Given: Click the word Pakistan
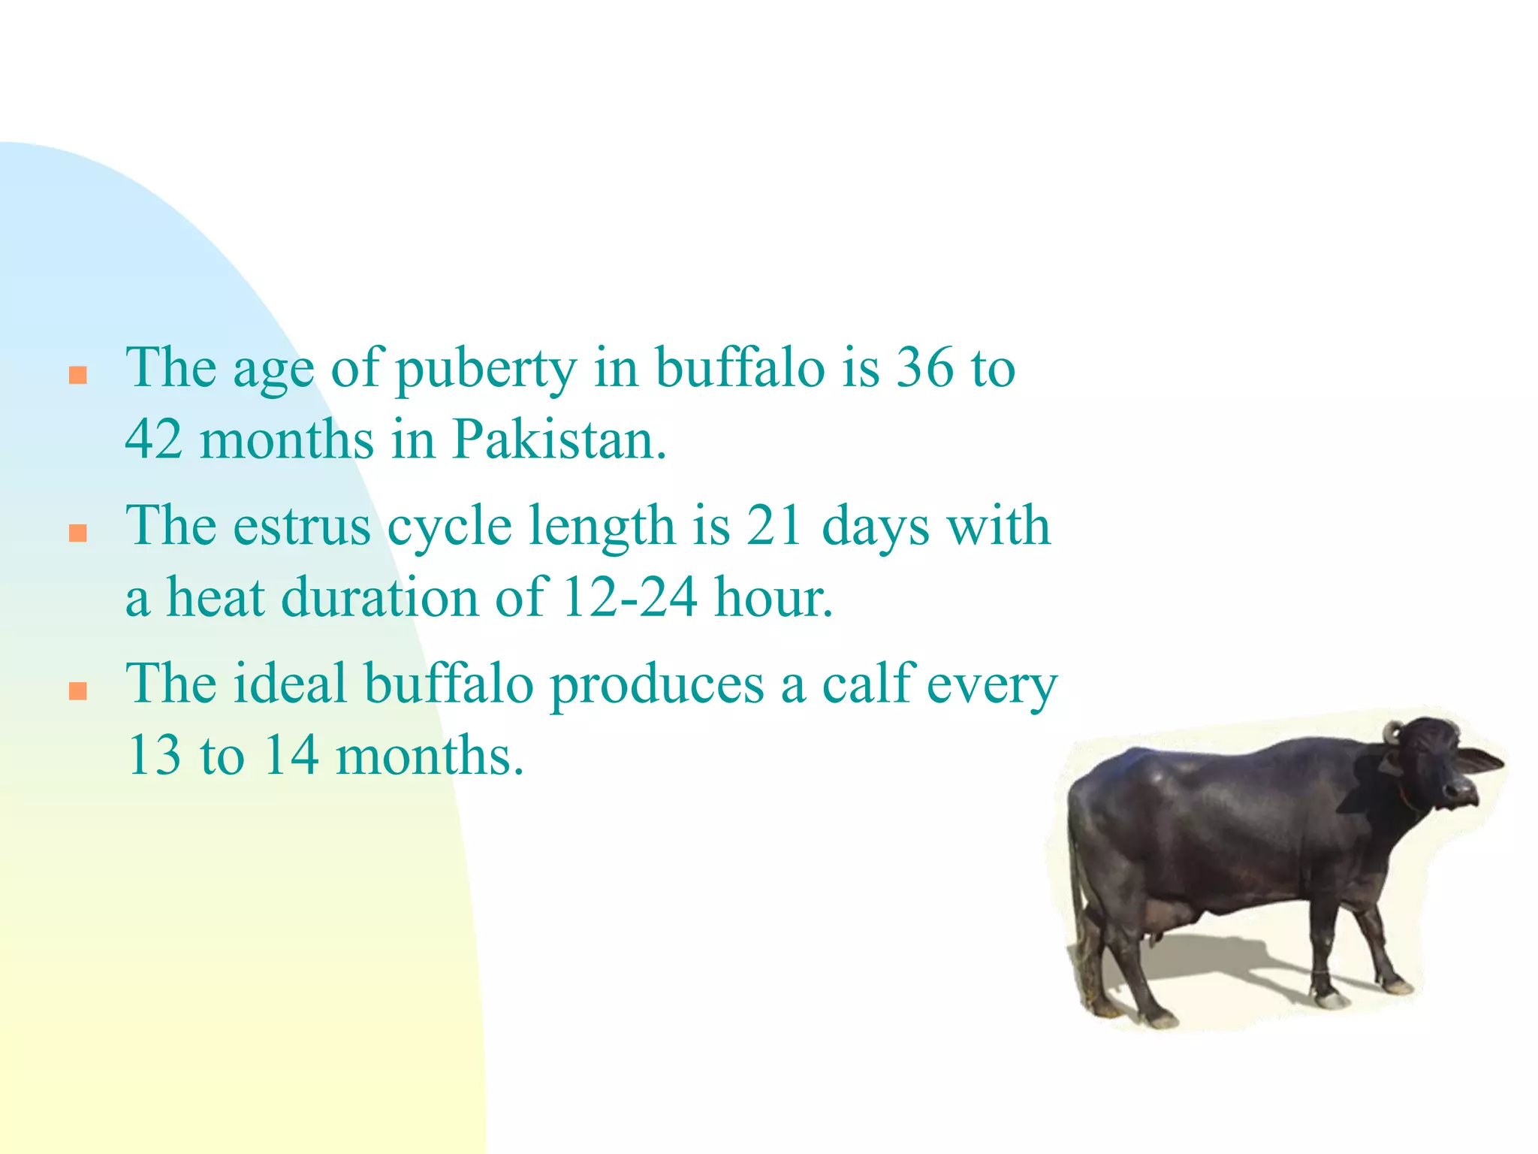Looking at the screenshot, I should [559, 440].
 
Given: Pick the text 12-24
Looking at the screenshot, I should [629, 598].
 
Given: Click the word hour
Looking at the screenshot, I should [774, 598].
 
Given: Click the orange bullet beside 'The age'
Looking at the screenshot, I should [78, 375].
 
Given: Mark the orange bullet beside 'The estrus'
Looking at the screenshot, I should [78, 533].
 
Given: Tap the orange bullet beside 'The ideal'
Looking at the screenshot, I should [78, 690].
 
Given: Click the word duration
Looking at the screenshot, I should [379, 598].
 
